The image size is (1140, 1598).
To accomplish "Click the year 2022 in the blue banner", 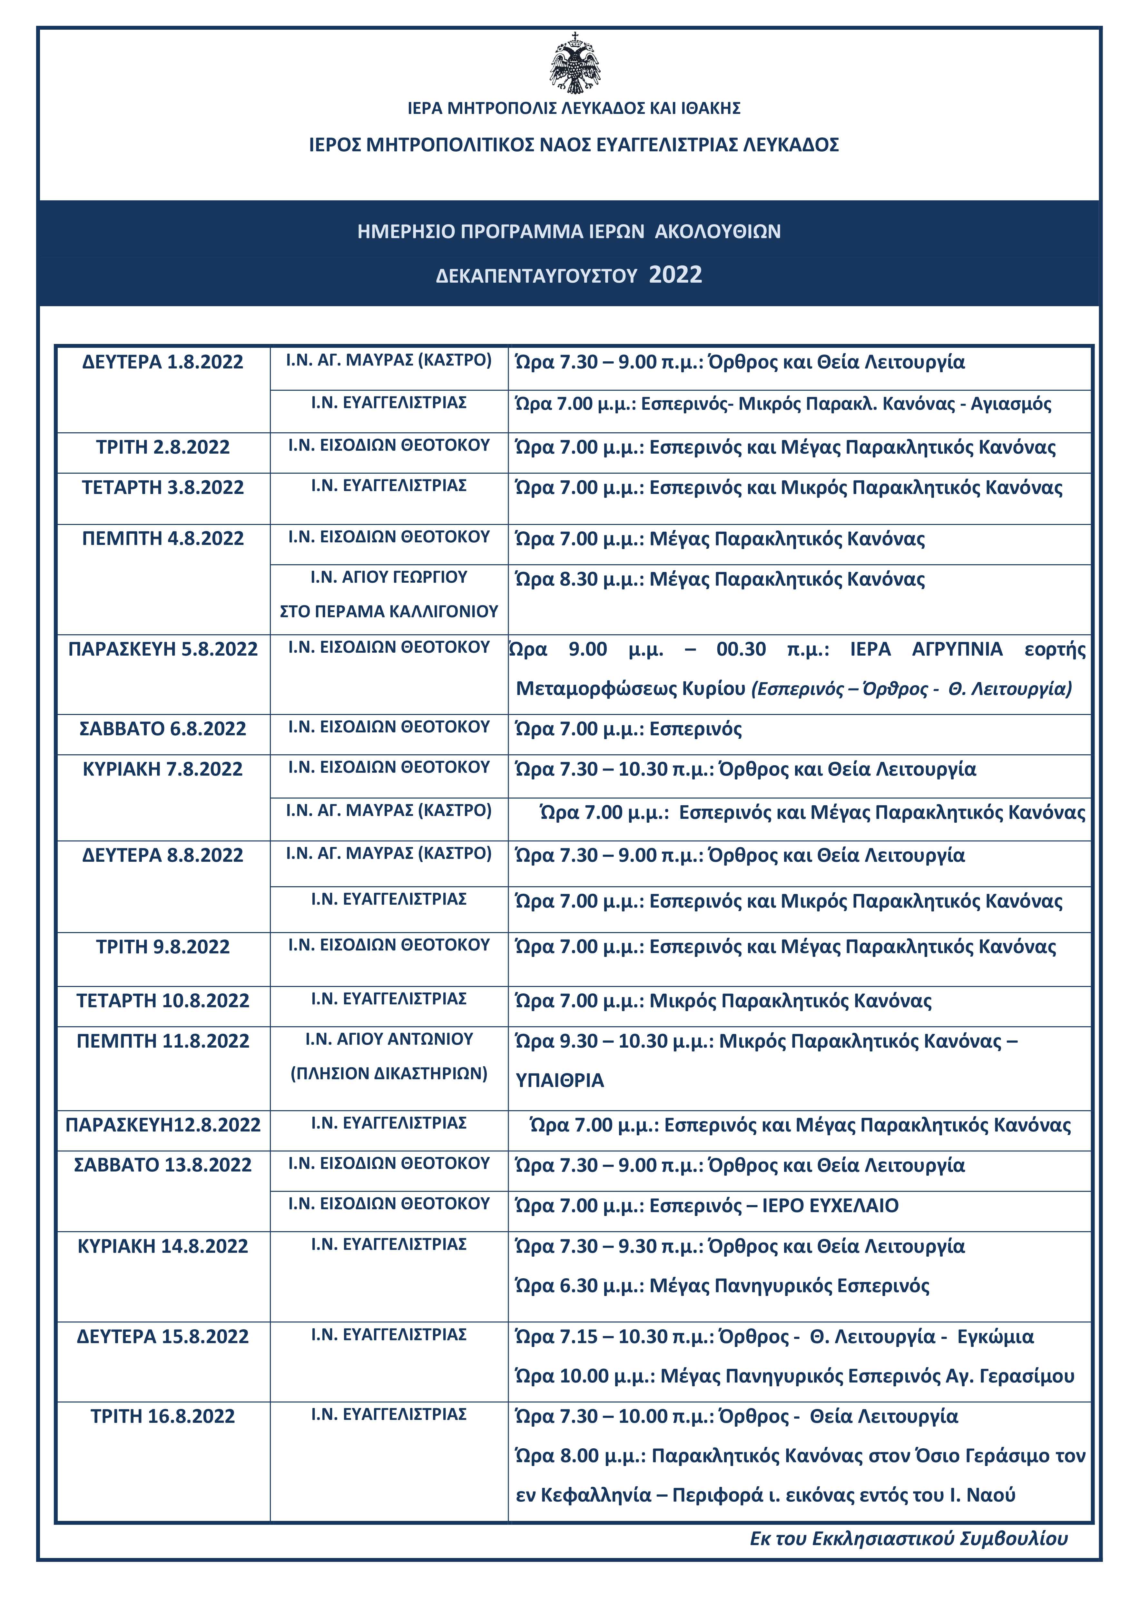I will [x=675, y=275].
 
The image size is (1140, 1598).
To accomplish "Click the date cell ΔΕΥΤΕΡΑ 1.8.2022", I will [x=163, y=362].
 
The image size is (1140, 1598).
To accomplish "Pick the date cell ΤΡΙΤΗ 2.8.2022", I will [x=163, y=447].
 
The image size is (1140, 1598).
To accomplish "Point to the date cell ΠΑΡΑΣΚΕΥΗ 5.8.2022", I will [x=163, y=649].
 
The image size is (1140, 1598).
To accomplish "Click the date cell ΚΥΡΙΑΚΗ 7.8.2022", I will [x=163, y=769].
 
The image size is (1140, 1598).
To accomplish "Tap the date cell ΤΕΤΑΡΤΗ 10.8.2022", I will [x=163, y=1001].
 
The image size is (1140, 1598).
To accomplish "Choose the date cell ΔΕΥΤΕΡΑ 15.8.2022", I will [x=163, y=1337].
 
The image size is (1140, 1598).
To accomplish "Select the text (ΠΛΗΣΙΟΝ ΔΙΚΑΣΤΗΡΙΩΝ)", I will [x=389, y=1074].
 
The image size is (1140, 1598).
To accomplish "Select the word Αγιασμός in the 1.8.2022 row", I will [x=1011, y=405].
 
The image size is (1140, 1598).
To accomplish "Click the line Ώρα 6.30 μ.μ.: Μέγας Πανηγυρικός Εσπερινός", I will [x=722, y=1286].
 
